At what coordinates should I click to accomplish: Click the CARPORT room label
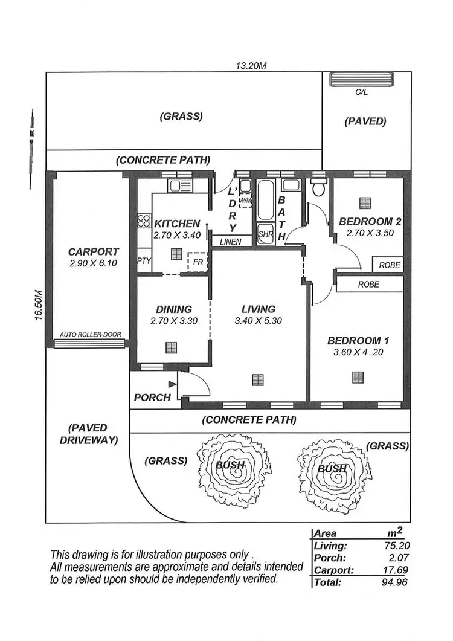point(93,251)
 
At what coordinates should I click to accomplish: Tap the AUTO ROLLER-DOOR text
point(88,335)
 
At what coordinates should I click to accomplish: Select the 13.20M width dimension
point(251,66)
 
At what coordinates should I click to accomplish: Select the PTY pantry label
point(144,261)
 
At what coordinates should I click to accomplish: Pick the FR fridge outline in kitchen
point(197,263)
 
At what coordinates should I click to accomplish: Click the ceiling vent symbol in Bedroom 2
point(364,203)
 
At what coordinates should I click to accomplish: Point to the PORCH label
point(152,397)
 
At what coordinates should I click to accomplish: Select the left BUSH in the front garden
point(230,465)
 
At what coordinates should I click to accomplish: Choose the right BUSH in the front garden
point(333,468)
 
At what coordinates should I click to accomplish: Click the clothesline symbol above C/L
point(361,79)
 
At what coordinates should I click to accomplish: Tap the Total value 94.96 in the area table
point(398,582)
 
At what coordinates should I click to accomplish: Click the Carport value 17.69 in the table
point(399,570)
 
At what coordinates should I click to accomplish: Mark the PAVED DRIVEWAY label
point(88,434)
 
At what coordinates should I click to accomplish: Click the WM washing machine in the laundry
point(245,200)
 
